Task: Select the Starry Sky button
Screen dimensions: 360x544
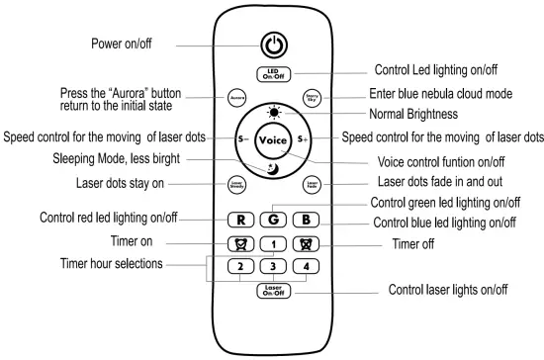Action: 311,98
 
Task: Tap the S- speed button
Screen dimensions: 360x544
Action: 238,140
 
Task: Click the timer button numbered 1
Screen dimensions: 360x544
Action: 272,243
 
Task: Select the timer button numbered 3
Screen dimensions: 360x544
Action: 272,266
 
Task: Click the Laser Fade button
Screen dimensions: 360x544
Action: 311,184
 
